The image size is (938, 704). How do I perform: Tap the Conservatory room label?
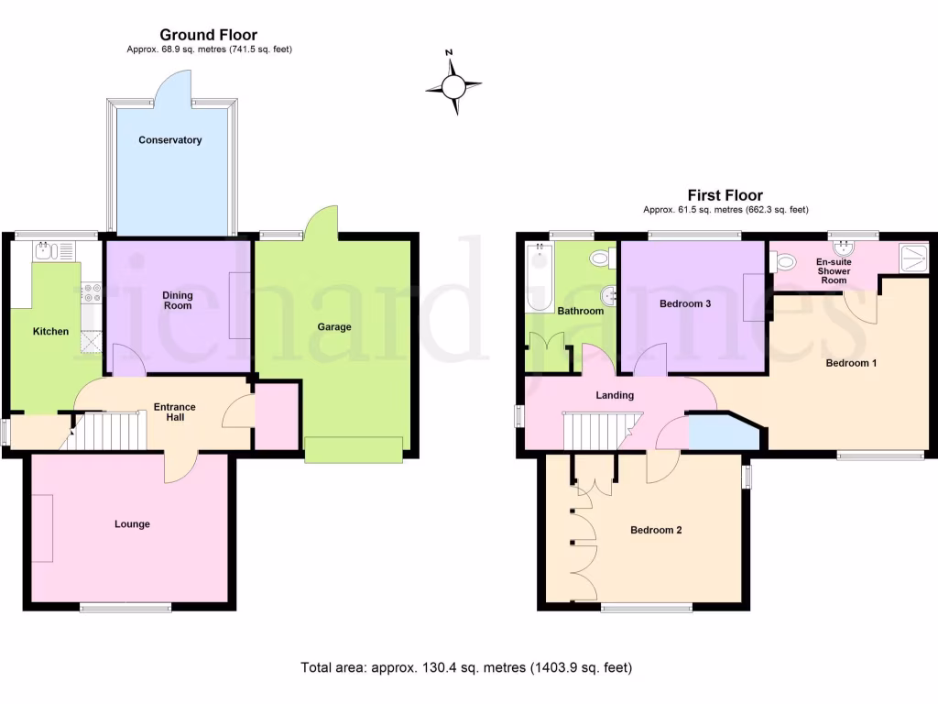(170, 140)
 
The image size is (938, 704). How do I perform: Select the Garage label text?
(334, 327)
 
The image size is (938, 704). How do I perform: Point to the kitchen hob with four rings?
(92, 292)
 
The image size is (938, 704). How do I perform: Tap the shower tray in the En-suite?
(912, 258)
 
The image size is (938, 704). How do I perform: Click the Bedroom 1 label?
(851, 363)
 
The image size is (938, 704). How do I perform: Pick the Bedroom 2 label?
(656, 530)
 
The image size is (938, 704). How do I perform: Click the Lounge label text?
(132, 524)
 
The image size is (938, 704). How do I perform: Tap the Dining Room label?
(178, 300)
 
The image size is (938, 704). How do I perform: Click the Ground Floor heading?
(209, 36)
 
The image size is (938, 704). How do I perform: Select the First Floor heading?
(725, 195)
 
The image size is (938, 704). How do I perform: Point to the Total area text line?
(466, 667)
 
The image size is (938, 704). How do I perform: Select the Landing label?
(615, 395)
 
